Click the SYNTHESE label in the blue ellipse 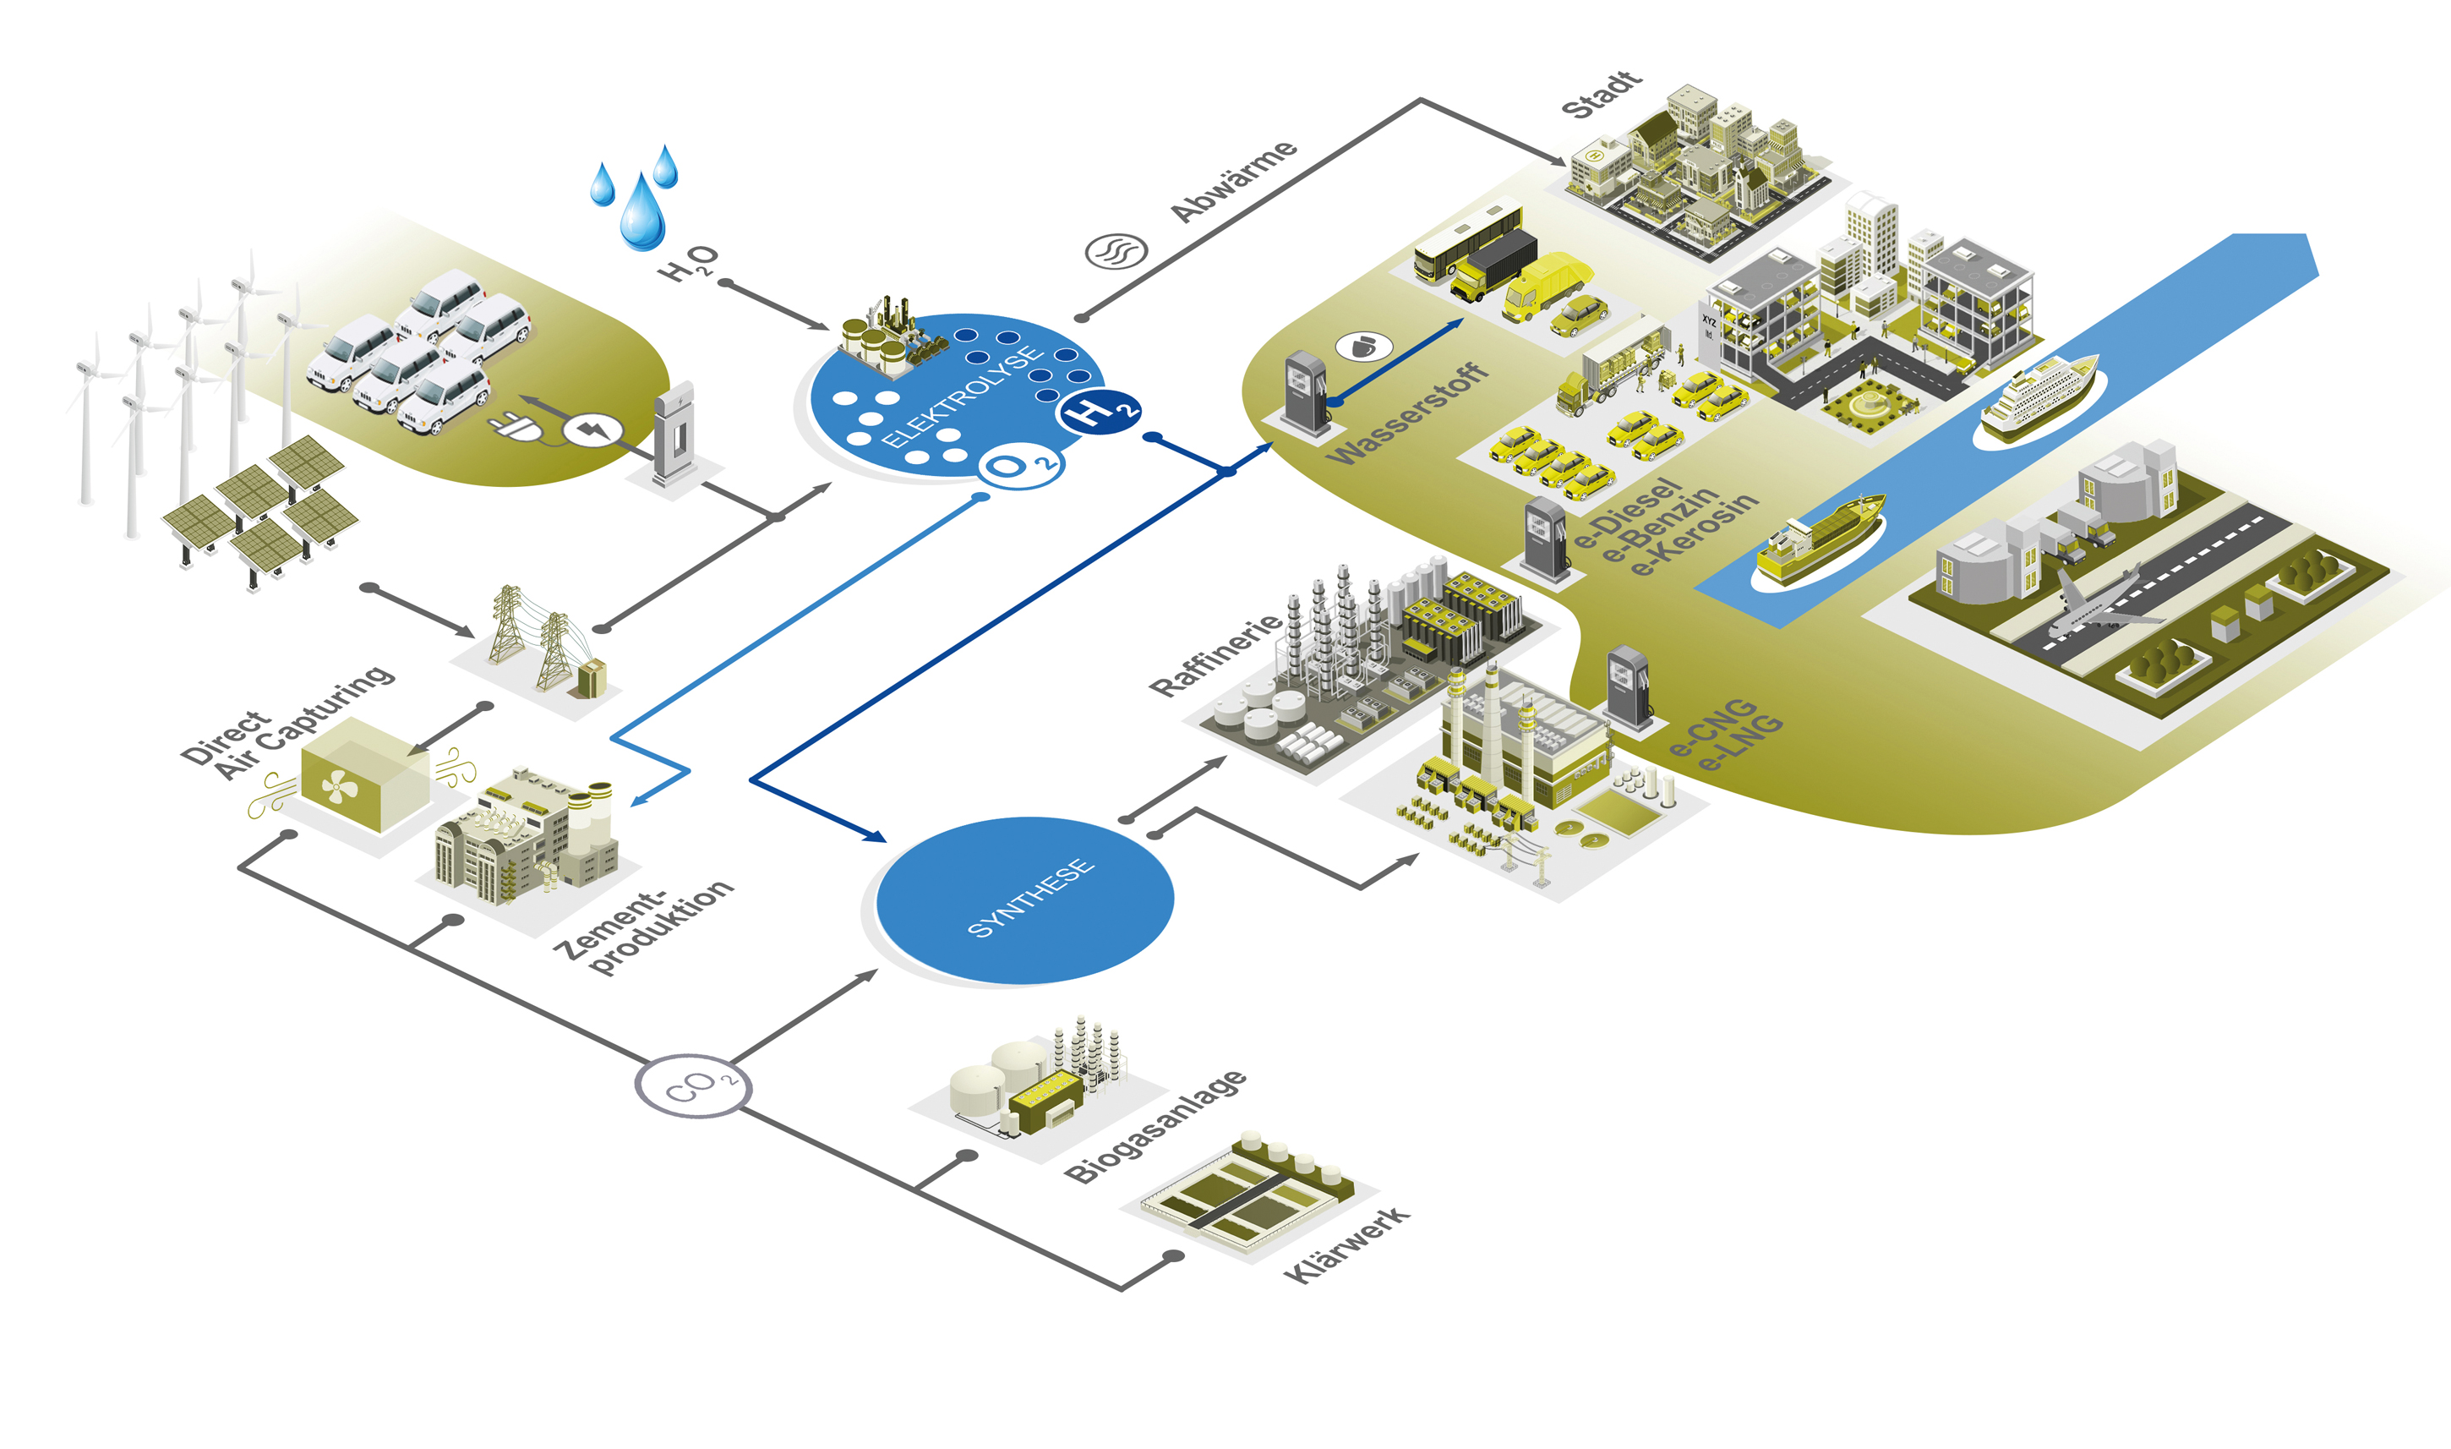1031,899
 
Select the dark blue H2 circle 1098,413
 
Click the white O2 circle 1021,466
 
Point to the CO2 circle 693,1085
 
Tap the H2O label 689,263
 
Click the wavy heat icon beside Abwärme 1116,252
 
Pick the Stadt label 1602,94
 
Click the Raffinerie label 1216,654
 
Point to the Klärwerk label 1347,1245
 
